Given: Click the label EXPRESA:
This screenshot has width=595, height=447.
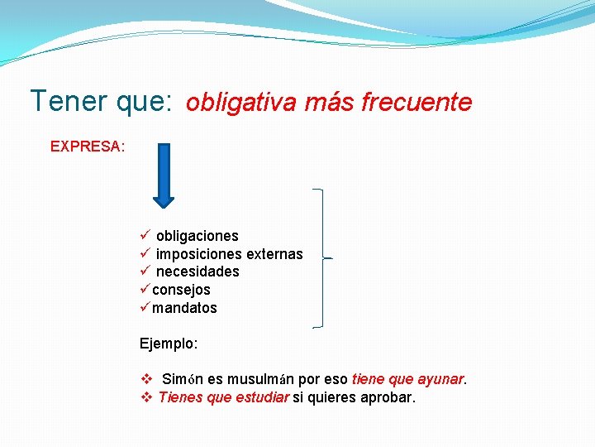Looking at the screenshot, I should point(88,147).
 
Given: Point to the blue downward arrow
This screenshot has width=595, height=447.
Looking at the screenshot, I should point(164,175).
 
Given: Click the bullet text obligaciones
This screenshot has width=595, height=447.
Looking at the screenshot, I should point(197,236).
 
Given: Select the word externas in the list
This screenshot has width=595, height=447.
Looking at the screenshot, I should point(274,254).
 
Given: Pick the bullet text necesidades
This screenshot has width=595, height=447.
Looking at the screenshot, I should point(198,272).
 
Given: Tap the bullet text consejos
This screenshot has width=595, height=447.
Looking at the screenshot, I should point(181,290).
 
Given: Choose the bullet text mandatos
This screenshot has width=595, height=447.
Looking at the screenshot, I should point(184,308).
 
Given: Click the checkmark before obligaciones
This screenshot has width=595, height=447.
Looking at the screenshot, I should point(145,236).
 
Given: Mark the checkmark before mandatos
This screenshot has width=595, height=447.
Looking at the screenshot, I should point(145,308).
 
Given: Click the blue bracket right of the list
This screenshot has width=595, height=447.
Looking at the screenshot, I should point(321,258).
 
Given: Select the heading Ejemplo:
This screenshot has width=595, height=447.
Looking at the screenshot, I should point(169,343).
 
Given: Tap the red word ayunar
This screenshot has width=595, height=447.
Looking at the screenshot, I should point(440,379).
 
